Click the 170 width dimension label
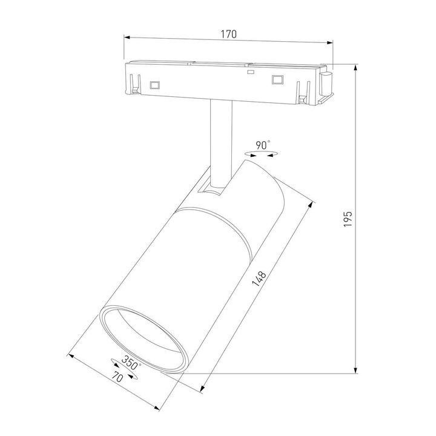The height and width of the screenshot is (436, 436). pyautogui.click(x=228, y=34)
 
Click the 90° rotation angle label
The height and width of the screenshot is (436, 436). pyautogui.click(x=262, y=145)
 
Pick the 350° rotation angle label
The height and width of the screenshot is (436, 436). pyautogui.click(x=130, y=364)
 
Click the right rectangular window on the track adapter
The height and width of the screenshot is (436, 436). pyautogui.click(x=278, y=79)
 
